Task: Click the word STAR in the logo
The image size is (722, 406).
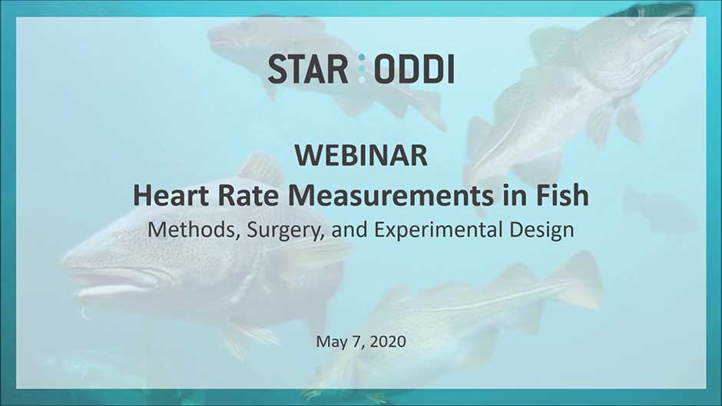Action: [308, 69]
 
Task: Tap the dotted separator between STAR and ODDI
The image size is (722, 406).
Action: [362, 68]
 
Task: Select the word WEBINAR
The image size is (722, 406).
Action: [362, 155]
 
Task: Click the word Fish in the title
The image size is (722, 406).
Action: [561, 195]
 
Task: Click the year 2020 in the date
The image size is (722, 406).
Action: [388, 341]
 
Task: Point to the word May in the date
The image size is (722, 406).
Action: [330, 342]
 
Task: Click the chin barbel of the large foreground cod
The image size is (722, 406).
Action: [84, 313]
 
